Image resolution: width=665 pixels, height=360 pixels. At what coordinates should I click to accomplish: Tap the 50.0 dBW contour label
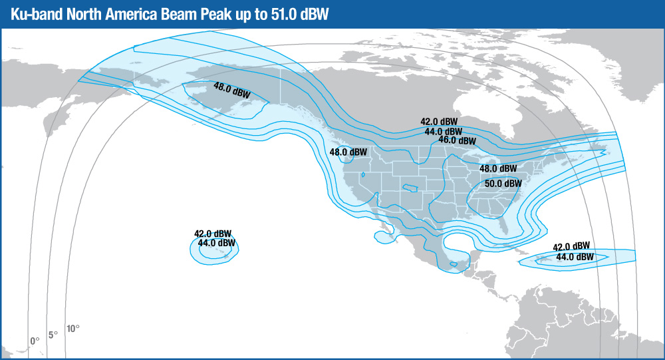pyautogui.click(x=503, y=184)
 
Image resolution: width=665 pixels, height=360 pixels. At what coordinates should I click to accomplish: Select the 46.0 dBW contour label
pyautogui.click(x=457, y=140)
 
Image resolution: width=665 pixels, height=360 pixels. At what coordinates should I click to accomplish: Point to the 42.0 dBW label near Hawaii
pyautogui.click(x=213, y=234)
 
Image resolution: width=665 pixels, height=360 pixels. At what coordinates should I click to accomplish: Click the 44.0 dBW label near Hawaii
pyautogui.click(x=217, y=243)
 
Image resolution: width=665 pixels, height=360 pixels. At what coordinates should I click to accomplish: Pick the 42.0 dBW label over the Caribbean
pyautogui.click(x=571, y=246)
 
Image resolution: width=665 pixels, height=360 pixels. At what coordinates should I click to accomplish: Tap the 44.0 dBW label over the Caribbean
pyautogui.click(x=575, y=256)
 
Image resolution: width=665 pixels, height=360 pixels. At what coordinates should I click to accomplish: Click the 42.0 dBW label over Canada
pyautogui.click(x=439, y=122)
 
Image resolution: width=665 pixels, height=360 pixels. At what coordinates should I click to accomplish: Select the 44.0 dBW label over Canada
pyautogui.click(x=444, y=131)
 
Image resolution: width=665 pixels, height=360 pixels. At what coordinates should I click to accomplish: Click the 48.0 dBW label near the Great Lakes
pyautogui.click(x=497, y=169)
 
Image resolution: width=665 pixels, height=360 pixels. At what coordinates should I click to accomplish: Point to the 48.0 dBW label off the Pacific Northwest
pyautogui.click(x=348, y=152)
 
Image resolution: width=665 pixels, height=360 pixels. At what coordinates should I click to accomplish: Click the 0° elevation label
pyautogui.click(x=35, y=340)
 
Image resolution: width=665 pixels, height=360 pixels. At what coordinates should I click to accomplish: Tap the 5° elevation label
pyautogui.click(x=53, y=334)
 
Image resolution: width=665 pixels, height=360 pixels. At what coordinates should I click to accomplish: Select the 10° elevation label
pyautogui.click(x=72, y=328)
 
